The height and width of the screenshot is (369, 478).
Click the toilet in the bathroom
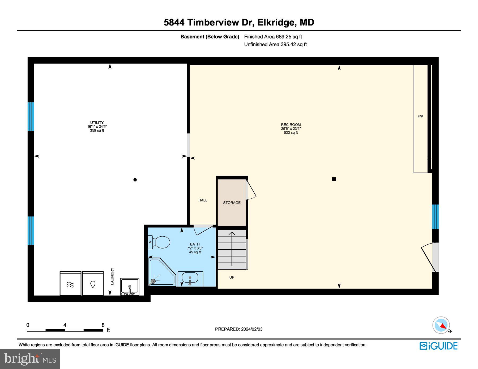(159, 242)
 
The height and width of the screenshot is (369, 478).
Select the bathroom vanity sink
(190, 279)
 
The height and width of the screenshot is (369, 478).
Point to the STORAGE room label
(232, 203)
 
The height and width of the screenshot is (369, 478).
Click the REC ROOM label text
(291, 125)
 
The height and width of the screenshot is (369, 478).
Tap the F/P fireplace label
(420, 116)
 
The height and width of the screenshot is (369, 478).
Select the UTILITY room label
(97, 123)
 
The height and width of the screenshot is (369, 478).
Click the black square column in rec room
(334, 179)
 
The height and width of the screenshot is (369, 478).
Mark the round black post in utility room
(135, 180)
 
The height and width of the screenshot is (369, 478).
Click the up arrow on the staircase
(232, 248)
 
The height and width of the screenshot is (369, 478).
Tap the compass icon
(441, 325)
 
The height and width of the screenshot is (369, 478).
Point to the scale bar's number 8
(103, 325)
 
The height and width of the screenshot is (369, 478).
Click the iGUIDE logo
(438, 346)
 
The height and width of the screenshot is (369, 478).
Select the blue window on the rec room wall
(435, 217)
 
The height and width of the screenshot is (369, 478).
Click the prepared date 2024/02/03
(251, 329)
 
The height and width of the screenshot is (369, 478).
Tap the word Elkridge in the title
(276, 23)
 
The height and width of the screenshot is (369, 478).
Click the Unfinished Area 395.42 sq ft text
(275, 45)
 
